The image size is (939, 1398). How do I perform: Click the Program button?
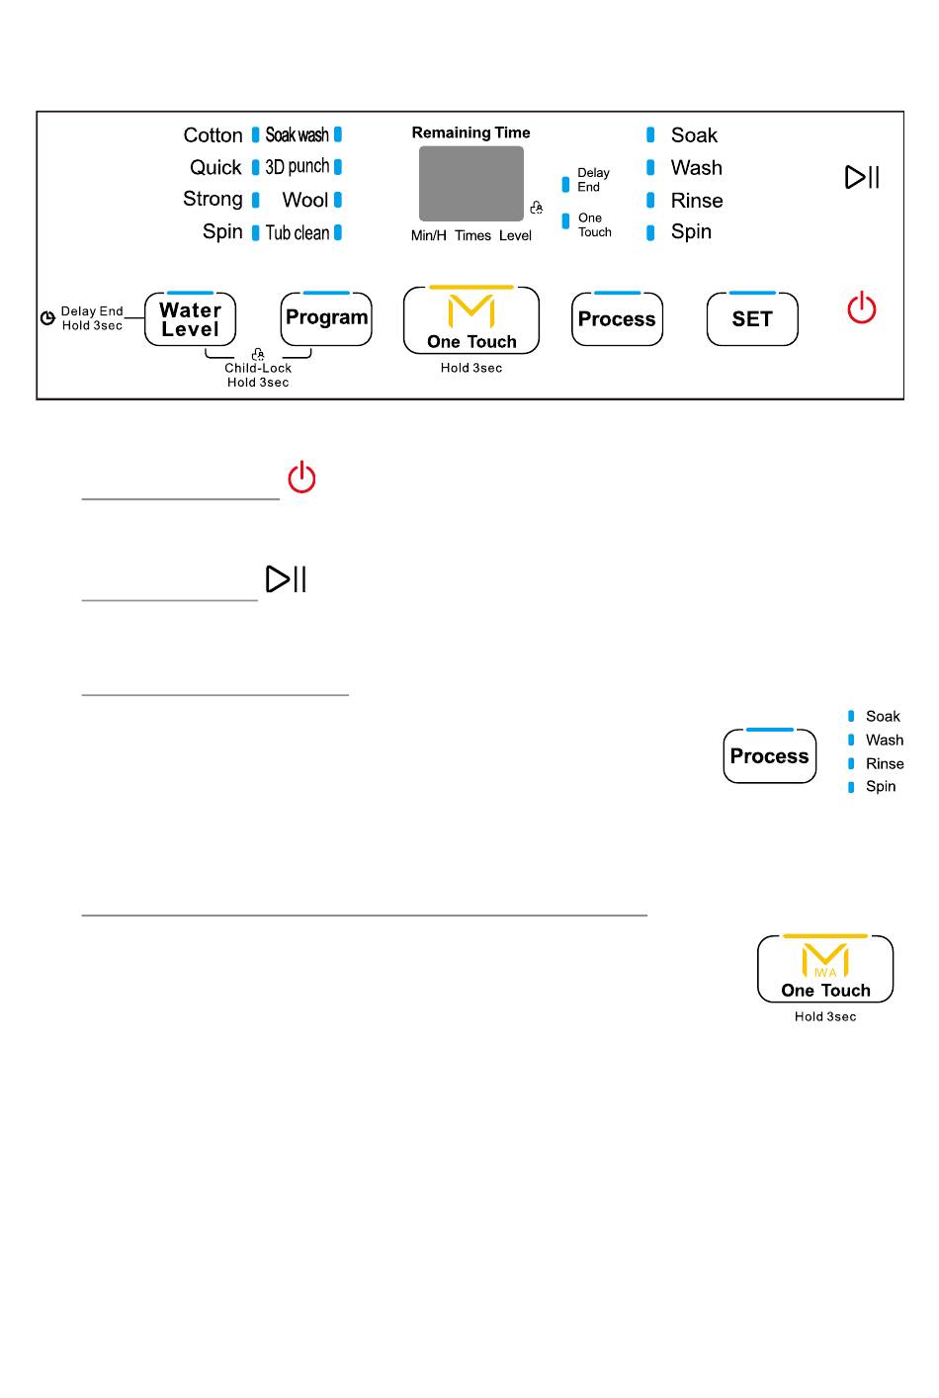point(326,318)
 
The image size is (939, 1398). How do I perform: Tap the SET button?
point(752,319)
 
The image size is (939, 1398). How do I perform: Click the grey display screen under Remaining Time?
point(471,184)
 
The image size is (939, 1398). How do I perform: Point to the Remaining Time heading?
point(470,132)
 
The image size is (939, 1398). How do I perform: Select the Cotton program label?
point(213,135)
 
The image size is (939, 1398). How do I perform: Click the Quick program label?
point(215,168)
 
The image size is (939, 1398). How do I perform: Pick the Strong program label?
point(213,199)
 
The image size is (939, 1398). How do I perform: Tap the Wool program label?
point(304,201)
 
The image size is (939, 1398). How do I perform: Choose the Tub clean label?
point(298,233)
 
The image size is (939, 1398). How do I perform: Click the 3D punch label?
point(297,167)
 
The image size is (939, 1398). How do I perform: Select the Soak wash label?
point(297,135)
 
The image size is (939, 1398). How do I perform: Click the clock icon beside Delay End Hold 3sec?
point(47,318)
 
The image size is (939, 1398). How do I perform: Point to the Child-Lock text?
point(258,368)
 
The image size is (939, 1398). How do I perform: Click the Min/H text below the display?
point(429,236)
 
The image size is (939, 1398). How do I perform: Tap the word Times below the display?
point(472,236)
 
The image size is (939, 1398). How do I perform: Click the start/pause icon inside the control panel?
point(862,177)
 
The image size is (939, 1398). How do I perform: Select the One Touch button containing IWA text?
point(825,969)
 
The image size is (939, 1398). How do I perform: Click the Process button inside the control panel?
point(617,319)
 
